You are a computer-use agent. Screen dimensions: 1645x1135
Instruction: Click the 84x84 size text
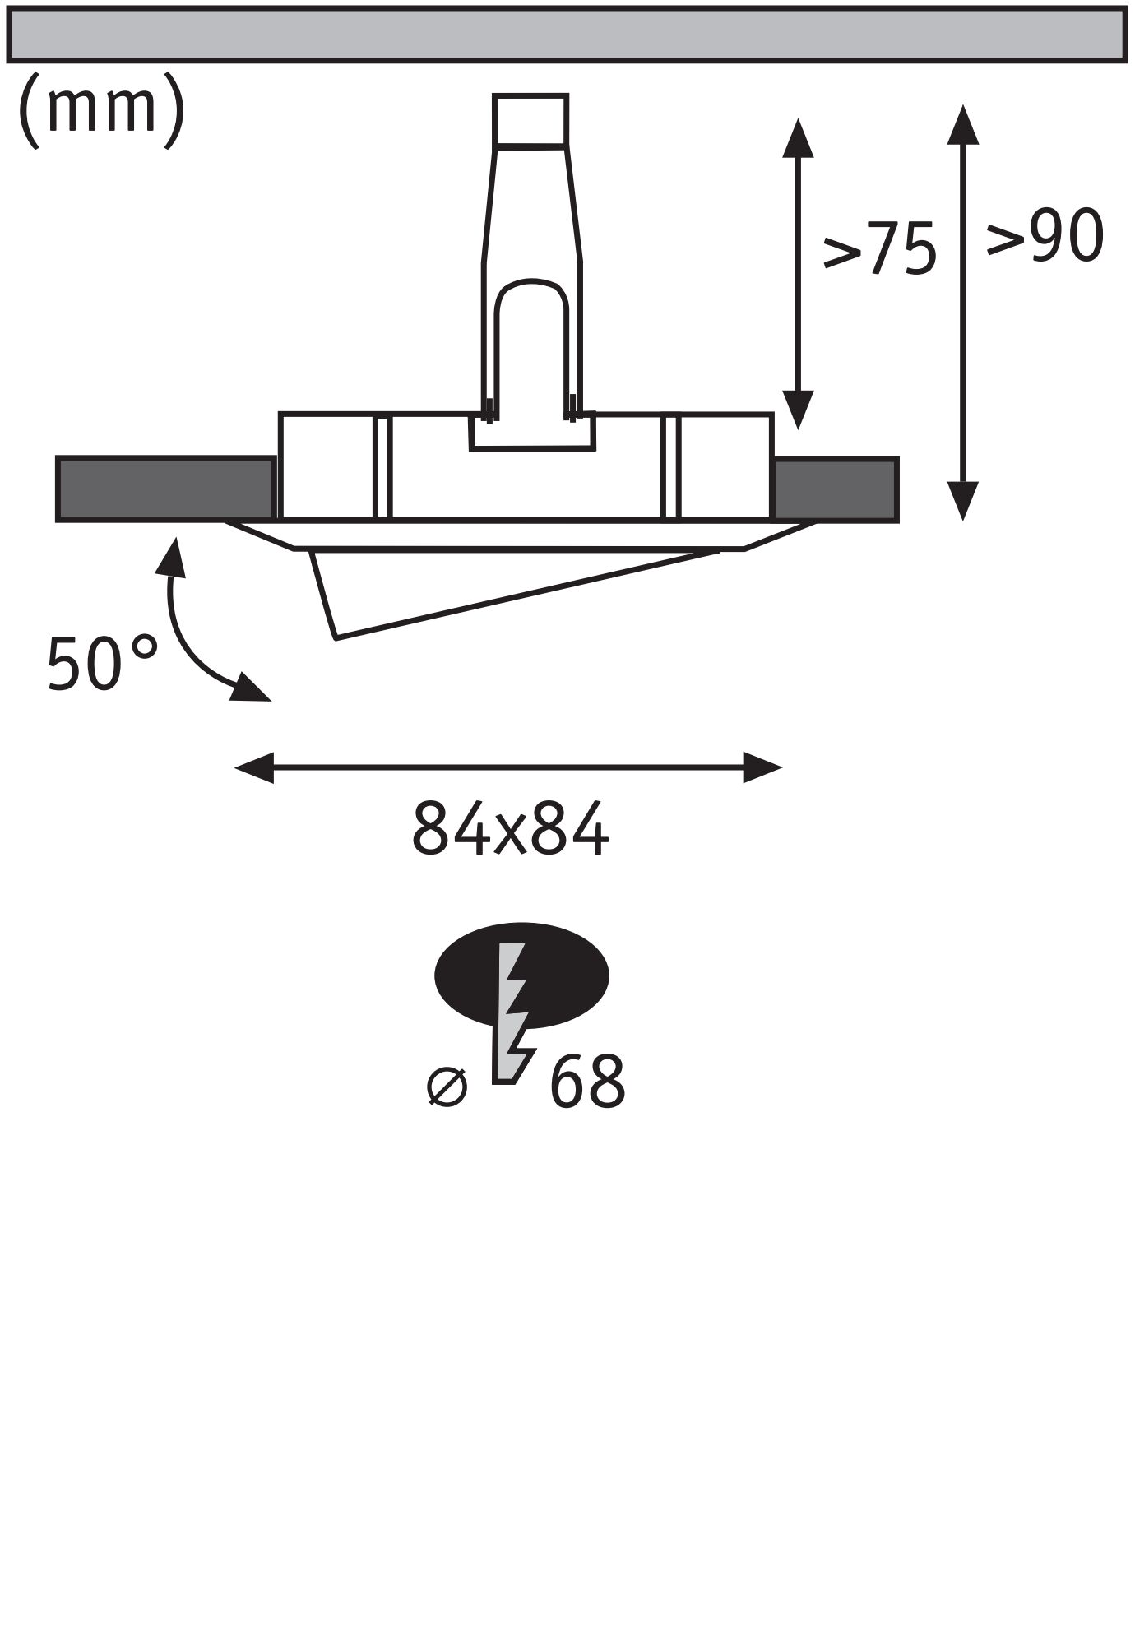click(x=510, y=829)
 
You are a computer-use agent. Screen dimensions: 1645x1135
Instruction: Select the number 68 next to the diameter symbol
click(x=586, y=1082)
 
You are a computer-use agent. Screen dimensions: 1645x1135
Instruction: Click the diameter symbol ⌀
click(x=447, y=1087)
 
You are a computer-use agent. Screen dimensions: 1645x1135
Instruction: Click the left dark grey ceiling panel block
click(x=165, y=489)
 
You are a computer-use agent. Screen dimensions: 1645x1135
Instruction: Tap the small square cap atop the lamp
click(x=530, y=120)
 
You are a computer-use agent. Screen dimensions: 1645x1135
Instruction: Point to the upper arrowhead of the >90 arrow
click(x=961, y=124)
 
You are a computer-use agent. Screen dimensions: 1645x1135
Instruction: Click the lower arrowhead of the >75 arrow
click(x=797, y=409)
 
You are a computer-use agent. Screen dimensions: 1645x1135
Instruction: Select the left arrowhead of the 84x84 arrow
click(x=254, y=768)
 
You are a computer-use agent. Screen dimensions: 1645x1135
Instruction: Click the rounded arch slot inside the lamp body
click(x=531, y=345)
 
